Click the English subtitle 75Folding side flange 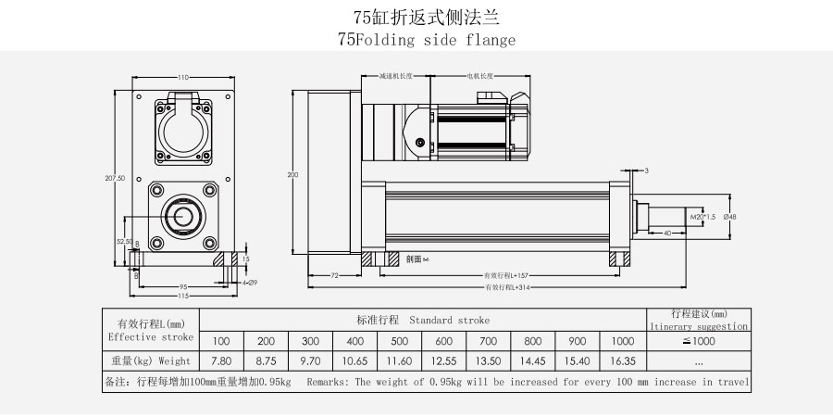[427, 41]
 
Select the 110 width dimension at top [183, 77]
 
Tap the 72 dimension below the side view [333, 276]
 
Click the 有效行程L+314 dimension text [505, 289]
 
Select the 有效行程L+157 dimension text [505, 276]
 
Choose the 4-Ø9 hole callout [248, 282]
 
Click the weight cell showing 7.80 [221, 360]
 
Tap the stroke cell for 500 [400, 341]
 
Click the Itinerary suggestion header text [699, 326]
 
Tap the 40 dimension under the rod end [667, 233]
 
